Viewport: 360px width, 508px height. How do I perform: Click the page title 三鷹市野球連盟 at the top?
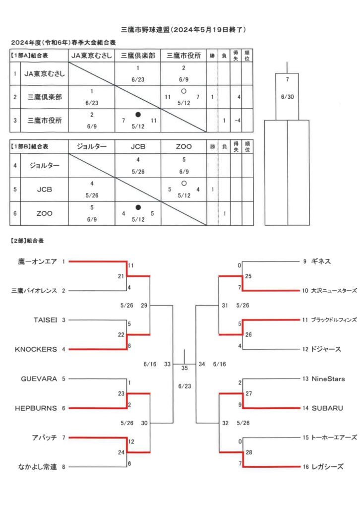click(x=145, y=29)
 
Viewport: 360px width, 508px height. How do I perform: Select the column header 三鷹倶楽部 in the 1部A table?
click(x=138, y=56)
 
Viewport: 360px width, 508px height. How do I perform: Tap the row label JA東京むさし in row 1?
click(x=44, y=73)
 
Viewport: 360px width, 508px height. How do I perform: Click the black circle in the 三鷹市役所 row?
click(x=138, y=115)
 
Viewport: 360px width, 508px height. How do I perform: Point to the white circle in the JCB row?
click(x=184, y=184)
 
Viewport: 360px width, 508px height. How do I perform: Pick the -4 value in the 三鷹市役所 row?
click(x=238, y=121)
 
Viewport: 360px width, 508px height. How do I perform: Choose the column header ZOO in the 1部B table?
click(x=183, y=146)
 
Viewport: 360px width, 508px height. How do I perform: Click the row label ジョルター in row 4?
click(x=44, y=165)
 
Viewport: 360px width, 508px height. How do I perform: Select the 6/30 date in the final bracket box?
click(x=287, y=97)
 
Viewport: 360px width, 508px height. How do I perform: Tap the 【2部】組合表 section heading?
click(x=27, y=241)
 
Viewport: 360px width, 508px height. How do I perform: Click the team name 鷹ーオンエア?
click(x=38, y=261)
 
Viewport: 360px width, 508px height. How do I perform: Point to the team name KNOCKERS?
click(x=36, y=349)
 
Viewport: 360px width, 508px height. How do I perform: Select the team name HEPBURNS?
click(x=36, y=408)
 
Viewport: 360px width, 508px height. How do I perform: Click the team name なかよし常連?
click(x=38, y=467)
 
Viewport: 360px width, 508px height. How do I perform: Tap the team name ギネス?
click(x=321, y=261)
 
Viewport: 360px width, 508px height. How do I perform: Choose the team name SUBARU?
click(x=327, y=408)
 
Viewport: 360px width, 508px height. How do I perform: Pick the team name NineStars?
click(x=328, y=379)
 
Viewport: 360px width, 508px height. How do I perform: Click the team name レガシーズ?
click(x=327, y=467)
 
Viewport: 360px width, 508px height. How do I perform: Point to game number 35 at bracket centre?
click(x=184, y=368)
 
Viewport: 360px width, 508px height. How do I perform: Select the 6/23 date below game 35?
click(x=184, y=386)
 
